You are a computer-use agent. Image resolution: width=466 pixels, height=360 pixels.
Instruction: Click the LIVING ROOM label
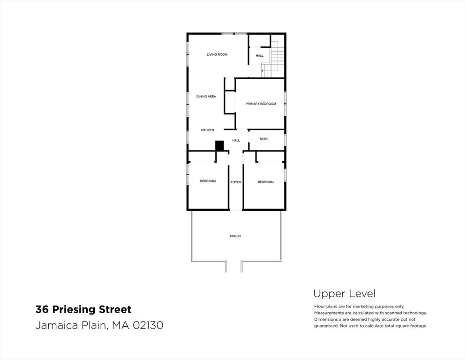217,54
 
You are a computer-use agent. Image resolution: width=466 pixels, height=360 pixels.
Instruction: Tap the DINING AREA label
206,96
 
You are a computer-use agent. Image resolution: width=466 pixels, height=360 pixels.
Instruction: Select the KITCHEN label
207,130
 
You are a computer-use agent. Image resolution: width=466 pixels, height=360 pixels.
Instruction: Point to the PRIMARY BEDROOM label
261,104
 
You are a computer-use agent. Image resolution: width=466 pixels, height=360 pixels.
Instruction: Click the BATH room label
263,139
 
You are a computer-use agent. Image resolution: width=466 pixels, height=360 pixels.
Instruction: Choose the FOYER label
236,182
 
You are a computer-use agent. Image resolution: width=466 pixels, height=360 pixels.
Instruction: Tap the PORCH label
235,236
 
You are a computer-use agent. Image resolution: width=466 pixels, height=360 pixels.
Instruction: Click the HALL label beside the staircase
259,56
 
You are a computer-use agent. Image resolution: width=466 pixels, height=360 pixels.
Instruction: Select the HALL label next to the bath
236,140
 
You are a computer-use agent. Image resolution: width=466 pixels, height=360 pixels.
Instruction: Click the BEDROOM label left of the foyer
208,181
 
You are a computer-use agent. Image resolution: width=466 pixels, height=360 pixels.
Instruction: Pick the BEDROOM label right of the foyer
266,182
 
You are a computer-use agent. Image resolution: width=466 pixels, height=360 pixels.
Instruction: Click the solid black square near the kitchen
219,146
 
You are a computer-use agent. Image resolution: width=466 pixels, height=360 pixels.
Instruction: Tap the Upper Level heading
345,294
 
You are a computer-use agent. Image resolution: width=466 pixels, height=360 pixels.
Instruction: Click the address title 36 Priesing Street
83,309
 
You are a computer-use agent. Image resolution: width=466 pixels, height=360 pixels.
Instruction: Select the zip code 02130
148,325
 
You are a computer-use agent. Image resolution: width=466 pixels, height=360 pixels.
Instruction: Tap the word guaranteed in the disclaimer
325,326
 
